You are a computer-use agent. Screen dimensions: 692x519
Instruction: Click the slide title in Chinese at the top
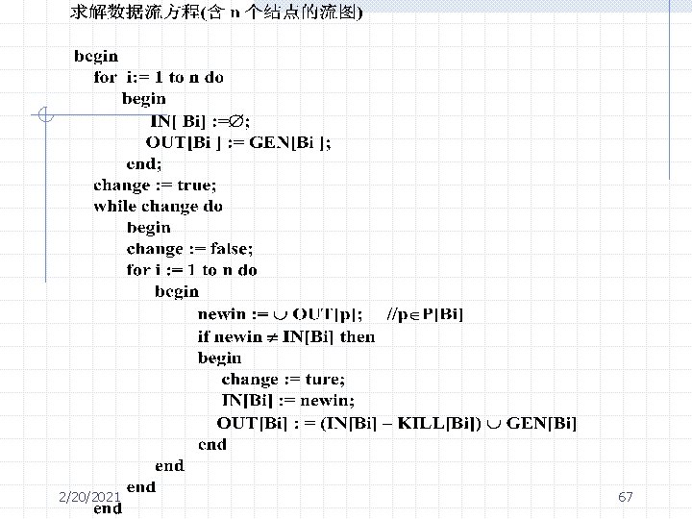pyautogui.click(x=216, y=12)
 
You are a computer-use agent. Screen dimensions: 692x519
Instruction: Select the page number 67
pyautogui.click(x=626, y=497)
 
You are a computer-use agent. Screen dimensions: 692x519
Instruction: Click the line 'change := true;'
pyautogui.click(x=155, y=185)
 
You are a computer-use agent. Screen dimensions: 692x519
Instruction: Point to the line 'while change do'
pyautogui.click(x=158, y=206)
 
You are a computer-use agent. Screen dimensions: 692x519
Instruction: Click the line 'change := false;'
pyautogui.click(x=183, y=248)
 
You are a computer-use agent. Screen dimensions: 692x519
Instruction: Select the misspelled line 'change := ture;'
pyautogui.click(x=283, y=379)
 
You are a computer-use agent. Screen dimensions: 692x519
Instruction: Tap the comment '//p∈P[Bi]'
pyautogui.click(x=425, y=313)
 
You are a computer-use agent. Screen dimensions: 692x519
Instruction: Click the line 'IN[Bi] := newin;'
pyautogui.click(x=287, y=400)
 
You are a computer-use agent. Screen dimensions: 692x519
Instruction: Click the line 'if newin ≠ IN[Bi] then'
pyautogui.click(x=285, y=335)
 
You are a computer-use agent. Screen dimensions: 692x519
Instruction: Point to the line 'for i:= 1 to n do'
pyautogui.click(x=158, y=77)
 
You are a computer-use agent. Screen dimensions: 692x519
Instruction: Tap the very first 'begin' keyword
pyautogui.click(x=96, y=56)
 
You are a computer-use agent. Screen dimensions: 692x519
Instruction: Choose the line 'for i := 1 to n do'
pyautogui.click(x=192, y=270)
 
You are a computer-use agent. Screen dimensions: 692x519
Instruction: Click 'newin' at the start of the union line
pyautogui.click(x=220, y=313)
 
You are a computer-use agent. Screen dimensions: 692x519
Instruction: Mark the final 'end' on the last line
pyautogui.click(x=108, y=508)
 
